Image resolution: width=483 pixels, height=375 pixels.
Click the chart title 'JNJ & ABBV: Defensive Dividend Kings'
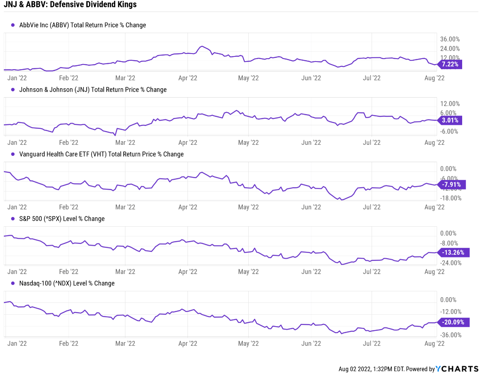tap(70, 5)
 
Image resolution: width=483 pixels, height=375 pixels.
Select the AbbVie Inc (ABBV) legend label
tap(82, 25)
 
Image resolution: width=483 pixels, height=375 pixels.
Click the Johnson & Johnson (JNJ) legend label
tap(93, 90)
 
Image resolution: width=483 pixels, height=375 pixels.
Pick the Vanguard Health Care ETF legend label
tap(101, 154)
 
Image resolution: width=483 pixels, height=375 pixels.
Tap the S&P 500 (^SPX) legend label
tap(62, 219)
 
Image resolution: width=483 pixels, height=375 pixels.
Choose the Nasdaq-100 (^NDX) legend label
tap(67, 283)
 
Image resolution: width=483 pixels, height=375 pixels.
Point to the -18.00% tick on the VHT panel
tap(451, 198)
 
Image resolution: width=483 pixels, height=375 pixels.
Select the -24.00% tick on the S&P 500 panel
tap(451, 263)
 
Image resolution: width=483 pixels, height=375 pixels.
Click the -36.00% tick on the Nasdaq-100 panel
tap(451, 335)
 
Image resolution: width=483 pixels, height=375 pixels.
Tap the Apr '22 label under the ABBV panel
tap(188, 78)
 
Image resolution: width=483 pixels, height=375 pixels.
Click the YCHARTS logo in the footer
tap(458, 369)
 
